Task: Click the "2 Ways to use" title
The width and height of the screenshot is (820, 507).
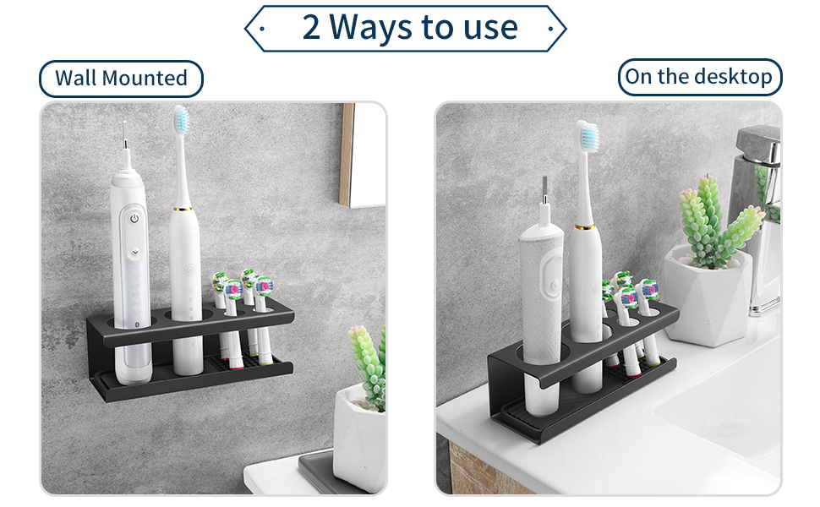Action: (410, 27)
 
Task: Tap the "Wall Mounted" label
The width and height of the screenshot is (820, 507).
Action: (122, 79)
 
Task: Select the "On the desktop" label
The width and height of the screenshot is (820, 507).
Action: (698, 77)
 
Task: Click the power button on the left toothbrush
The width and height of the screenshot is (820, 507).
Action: (134, 219)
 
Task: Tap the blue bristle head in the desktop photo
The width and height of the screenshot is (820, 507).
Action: (588, 135)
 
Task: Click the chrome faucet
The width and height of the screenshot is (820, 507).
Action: (758, 220)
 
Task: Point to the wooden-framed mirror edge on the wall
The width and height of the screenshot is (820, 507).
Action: (347, 154)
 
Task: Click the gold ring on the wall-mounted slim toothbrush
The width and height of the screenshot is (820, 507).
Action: (183, 209)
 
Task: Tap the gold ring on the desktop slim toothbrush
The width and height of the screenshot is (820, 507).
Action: (584, 227)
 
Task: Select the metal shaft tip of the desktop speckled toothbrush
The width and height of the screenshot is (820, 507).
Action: (545, 191)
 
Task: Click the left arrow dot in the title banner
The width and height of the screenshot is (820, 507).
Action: (263, 29)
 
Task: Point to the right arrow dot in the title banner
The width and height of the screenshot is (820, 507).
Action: (550, 29)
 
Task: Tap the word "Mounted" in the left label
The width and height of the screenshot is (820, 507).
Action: (145, 79)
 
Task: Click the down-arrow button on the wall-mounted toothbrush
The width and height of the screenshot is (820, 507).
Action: (135, 252)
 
